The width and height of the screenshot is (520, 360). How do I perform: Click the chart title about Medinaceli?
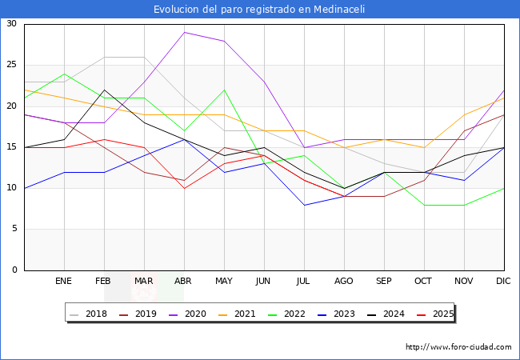(x=260, y=9)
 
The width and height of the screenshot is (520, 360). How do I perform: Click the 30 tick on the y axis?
(x=11, y=24)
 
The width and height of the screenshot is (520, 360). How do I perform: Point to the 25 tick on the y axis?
(x=11, y=65)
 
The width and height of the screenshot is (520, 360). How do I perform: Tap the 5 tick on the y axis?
(x=14, y=229)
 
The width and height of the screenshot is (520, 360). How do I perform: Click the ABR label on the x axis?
(x=184, y=282)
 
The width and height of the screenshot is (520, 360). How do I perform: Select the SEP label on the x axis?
(x=384, y=282)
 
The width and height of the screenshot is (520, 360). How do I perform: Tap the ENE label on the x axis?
(x=64, y=282)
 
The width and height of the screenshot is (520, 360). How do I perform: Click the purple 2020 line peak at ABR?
(x=184, y=32)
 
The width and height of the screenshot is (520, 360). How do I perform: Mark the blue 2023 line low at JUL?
(x=304, y=205)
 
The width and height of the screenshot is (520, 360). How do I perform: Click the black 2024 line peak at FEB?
(x=104, y=90)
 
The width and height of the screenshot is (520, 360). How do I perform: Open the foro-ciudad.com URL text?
(x=458, y=347)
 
